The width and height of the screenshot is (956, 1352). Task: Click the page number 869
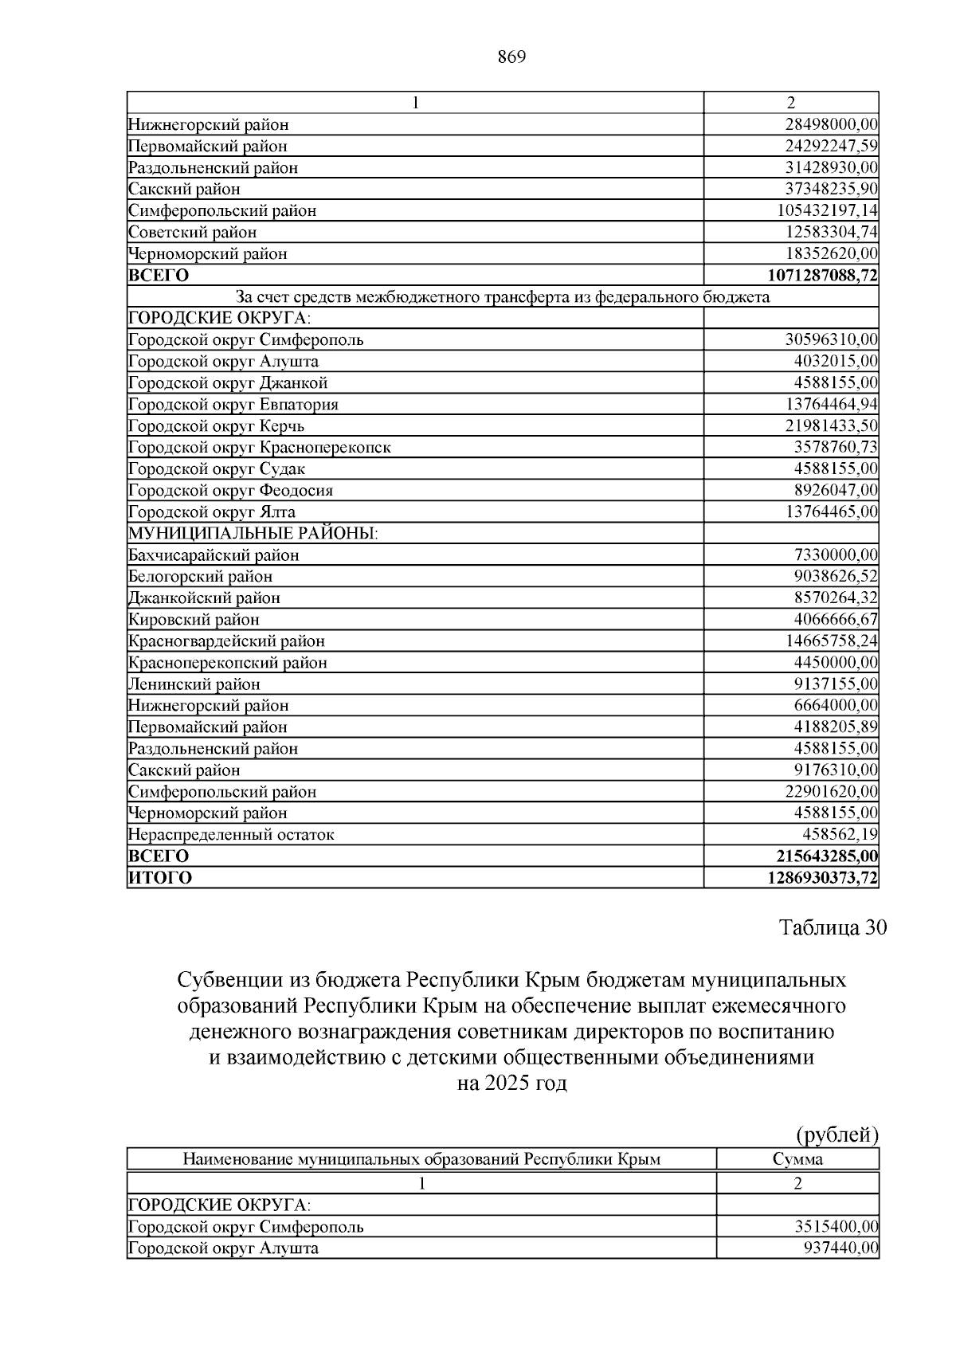(511, 57)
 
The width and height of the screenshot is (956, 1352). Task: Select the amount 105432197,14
(827, 211)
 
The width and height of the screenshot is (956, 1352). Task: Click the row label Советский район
(193, 233)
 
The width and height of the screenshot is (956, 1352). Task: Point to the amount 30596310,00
(831, 340)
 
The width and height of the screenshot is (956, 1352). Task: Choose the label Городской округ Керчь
(216, 426)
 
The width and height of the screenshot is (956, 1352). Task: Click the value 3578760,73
(835, 448)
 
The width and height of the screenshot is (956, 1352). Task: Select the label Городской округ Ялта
(212, 512)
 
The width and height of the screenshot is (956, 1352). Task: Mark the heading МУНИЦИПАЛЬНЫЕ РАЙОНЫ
(253, 534)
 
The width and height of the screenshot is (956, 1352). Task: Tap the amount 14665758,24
(831, 641)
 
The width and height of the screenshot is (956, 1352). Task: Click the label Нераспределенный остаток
(231, 835)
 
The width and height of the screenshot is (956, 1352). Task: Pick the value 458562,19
(839, 835)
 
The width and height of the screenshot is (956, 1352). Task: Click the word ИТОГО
(160, 878)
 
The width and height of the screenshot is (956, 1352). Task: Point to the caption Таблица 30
(833, 928)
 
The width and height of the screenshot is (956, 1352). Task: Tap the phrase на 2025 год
(511, 1084)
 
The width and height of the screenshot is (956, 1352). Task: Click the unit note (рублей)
(837, 1135)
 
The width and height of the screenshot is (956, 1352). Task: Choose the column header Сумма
(797, 1159)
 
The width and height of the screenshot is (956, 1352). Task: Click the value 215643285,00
(827, 856)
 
